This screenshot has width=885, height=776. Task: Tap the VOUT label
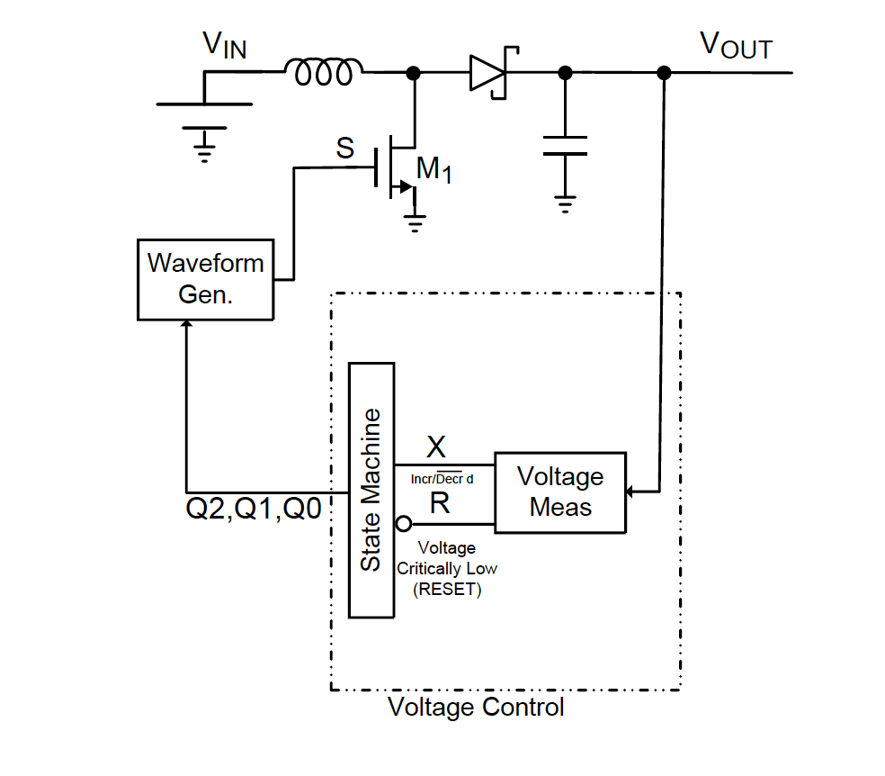click(736, 46)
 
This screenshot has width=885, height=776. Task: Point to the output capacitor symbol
click(565, 146)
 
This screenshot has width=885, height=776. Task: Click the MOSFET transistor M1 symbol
click(396, 167)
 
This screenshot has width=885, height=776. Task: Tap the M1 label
click(434, 169)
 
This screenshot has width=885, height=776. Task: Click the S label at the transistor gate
click(345, 148)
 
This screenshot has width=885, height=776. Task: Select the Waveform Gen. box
click(205, 278)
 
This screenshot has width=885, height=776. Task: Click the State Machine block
click(371, 490)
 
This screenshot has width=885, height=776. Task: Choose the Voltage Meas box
click(559, 492)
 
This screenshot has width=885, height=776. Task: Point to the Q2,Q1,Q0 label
click(254, 509)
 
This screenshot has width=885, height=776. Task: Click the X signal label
click(435, 447)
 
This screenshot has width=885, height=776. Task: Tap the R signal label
click(439, 503)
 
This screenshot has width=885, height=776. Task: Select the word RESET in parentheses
click(447, 591)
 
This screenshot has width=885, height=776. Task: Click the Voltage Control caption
click(476, 707)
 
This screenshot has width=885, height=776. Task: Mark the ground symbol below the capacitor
click(565, 203)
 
